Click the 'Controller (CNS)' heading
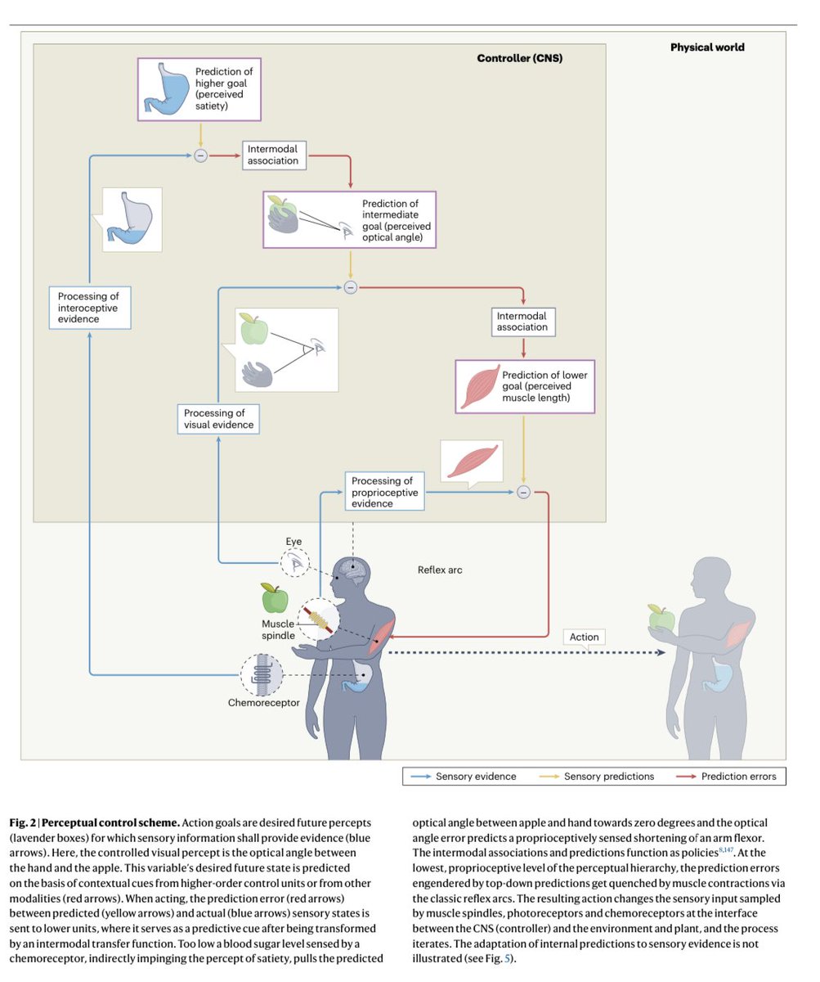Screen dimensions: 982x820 [519, 59]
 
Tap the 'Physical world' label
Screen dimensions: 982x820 [707, 47]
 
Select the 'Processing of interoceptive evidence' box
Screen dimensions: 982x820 [89, 308]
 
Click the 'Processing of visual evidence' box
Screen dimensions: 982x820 [218, 419]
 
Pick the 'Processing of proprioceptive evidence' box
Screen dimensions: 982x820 [383, 492]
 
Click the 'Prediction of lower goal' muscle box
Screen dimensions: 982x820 [525, 386]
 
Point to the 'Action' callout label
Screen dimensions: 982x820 [584, 637]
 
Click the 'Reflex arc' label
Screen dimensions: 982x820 [440, 570]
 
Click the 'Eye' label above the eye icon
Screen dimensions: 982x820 [293, 542]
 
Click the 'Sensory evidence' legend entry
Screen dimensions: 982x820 [475, 776]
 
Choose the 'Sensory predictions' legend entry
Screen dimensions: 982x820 [608, 776]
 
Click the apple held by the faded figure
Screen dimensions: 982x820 [661, 618]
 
